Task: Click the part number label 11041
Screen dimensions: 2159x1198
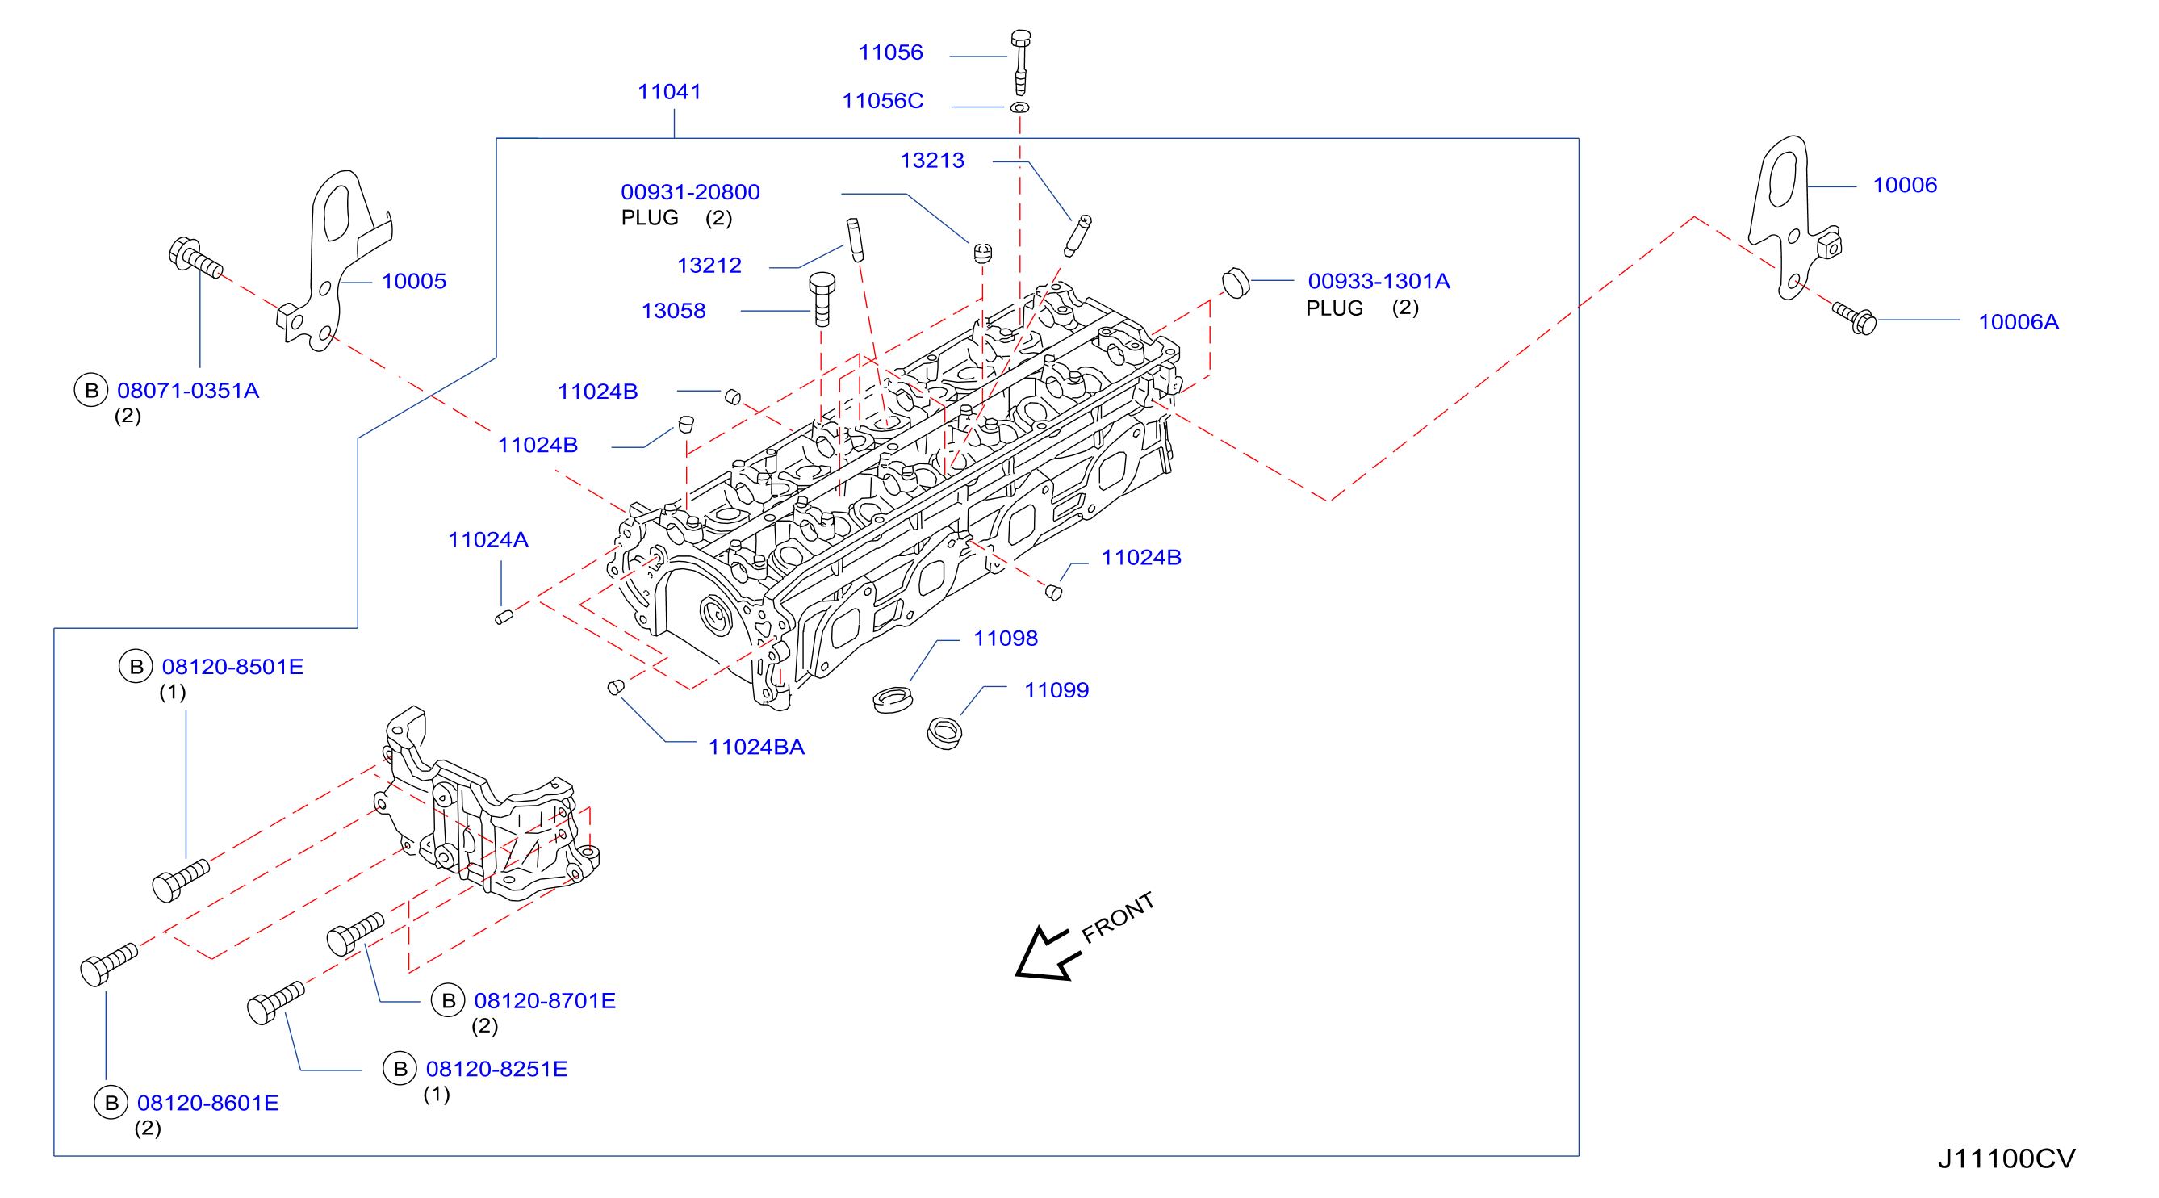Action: click(x=669, y=91)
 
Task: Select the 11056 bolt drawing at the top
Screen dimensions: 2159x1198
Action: click(x=1020, y=62)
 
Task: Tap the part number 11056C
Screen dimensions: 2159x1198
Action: click(x=881, y=101)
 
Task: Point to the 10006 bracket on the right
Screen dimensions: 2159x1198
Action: click(x=1793, y=218)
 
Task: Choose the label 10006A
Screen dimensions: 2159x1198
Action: click(x=2018, y=322)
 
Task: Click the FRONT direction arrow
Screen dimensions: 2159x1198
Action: click(x=1042, y=953)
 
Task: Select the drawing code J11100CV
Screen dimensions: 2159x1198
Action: click(x=2006, y=1158)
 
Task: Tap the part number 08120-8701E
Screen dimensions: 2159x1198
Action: click(x=545, y=1000)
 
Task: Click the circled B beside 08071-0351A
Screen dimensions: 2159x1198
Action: click(x=91, y=390)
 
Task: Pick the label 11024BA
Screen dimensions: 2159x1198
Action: click(x=756, y=747)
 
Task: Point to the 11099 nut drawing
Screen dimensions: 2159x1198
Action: click(x=944, y=733)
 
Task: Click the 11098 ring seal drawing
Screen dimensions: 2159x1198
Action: click(x=893, y=699)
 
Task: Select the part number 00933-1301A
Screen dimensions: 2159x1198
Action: click(x=1379, y=281)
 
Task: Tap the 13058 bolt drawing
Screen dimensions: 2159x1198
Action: click(x=822, y=299)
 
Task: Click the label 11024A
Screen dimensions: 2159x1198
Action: click(x=487, y=540)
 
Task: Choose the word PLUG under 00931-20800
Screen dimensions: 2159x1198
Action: click(x=650, y=218)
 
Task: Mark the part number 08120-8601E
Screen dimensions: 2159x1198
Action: click(x=208, y=1103)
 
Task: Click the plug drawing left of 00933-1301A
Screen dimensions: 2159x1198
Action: click(x=1236, y=283)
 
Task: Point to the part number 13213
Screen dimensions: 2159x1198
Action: click(x=932, y=160)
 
